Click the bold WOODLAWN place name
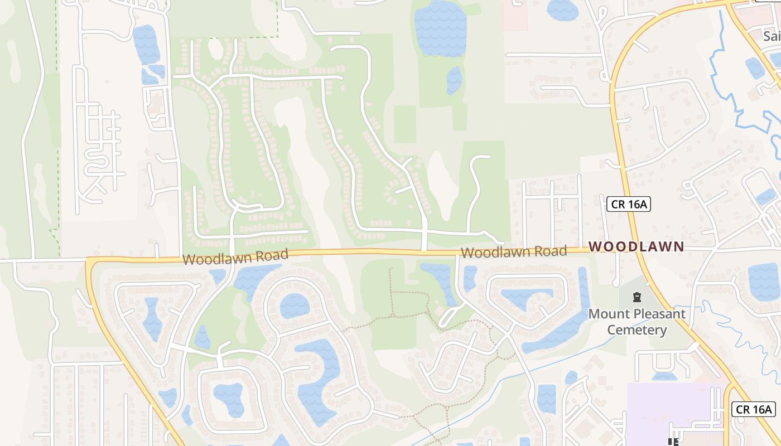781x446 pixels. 636,246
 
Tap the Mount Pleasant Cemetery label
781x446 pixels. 637,322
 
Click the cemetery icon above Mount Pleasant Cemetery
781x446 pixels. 637,297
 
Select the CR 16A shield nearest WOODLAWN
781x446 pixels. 629,204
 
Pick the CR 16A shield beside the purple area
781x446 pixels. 754,409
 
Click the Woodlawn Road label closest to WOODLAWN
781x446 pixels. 514,251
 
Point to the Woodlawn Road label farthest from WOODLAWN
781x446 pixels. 235,257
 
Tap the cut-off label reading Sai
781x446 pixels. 772,36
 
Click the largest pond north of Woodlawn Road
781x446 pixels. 440,28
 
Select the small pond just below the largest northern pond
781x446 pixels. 454,80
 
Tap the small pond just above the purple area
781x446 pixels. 664,376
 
